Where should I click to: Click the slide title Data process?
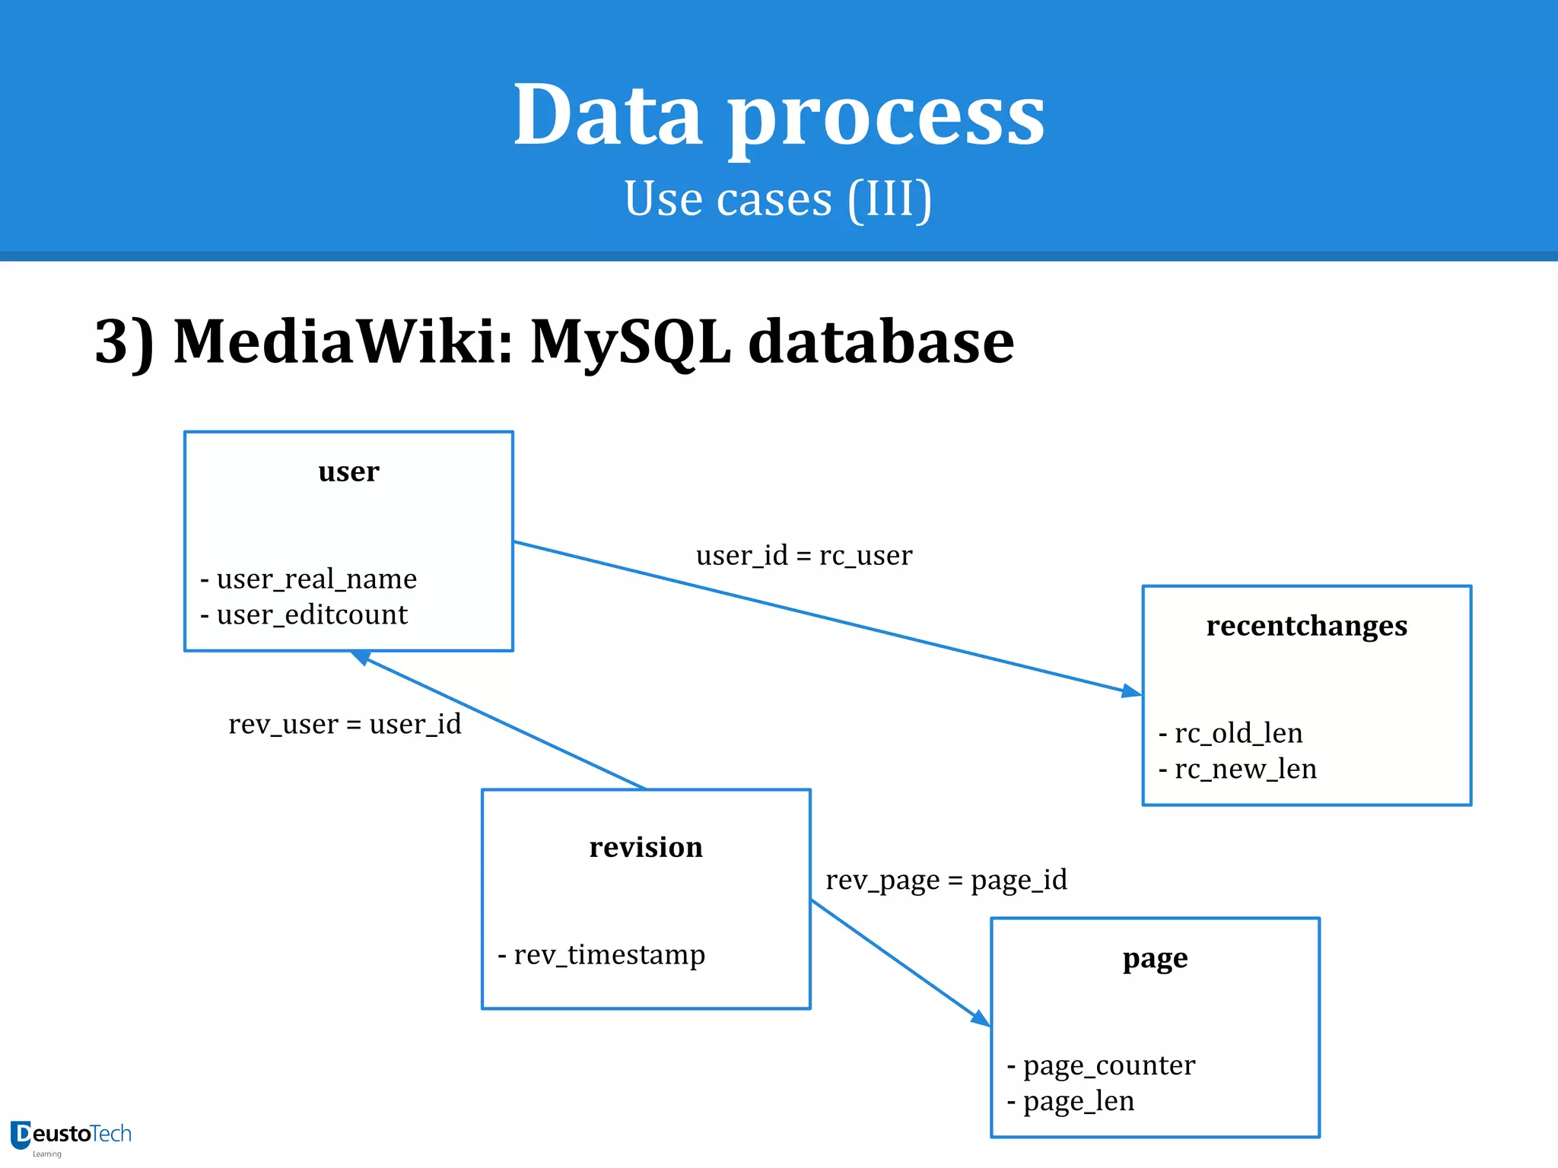pyautogui.click(x=779, y=116)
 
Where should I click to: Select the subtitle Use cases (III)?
pyautogui.click(x=777, y=199)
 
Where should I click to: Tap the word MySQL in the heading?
pyautogui.click(x=630, y=342)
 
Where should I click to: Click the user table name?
pyautogui.click(x=348, y=471)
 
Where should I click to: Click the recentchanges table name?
pyautogui.click(x=1306, y=626)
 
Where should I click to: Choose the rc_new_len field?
pyautogui.click(x=1245, y=769)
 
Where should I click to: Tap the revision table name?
pyautogui.click(x=646, y=847)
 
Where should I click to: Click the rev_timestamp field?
pyautogui.click(x=609, y=955)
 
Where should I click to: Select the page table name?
pyautogui.click(x=1155, y=959)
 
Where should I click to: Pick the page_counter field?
pyautogui.click(x=1108, y=1065)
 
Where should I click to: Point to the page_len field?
pyautogui.click(x=1077, y=1101)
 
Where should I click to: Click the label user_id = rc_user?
pyautogui.click(x=803, y=556)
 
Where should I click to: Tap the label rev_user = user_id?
pyautogui.click(x=345, y=724)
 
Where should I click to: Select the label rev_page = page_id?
pyautogui.click(x=946, y=881)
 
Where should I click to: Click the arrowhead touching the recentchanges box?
pyautogui.click(x=1132, y=691)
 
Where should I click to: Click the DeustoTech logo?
pyautogui.click(x=71, y=1136)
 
